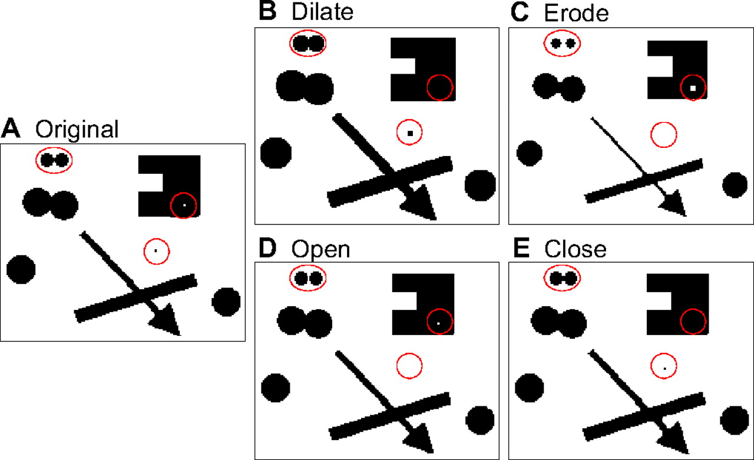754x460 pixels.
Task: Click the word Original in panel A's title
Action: coord(77,129)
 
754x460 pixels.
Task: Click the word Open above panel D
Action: coord(321,249)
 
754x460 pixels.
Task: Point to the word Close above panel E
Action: coord(576,249)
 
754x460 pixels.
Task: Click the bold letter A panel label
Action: coord(12,128)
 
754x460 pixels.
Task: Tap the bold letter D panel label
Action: coord(268,249)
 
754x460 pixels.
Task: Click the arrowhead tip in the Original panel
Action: coord(178,334)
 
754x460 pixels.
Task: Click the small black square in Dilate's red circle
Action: coord(410,133)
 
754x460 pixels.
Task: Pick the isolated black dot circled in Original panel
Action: coord(156,251)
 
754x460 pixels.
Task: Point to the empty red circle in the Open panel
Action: coord(409,366)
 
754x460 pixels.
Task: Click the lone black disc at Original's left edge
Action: coord(21,269)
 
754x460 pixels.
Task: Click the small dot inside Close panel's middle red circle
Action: coord(664,368)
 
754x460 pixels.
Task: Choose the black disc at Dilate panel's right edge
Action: coord(481,185)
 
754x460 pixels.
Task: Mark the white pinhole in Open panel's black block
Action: coord(439,323)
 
